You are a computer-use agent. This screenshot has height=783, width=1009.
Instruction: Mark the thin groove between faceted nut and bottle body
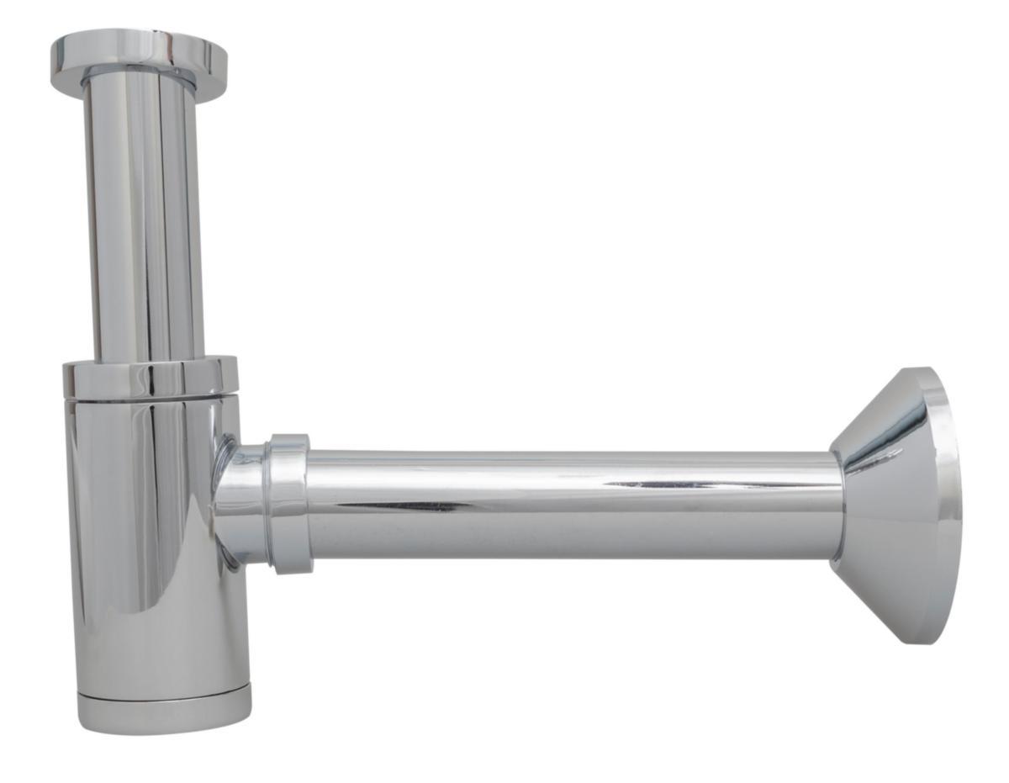pos(151,398)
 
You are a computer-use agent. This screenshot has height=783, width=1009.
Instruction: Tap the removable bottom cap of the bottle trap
pos(165,712)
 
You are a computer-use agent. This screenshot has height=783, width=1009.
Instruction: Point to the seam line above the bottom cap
pos(165,691)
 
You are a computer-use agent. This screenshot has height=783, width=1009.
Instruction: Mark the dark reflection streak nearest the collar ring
pos(395,506)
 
